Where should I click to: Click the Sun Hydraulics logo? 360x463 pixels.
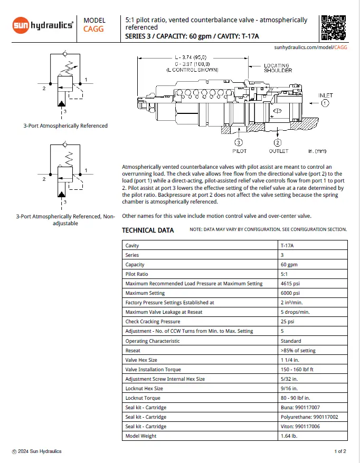coord(43,25)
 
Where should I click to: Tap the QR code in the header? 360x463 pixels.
coord(333,27)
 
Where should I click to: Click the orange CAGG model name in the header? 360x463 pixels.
coord(93,29)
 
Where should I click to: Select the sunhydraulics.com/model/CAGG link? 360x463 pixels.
coord(310,47)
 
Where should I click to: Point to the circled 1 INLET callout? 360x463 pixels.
coord(325,103)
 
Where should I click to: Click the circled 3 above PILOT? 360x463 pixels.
coord(239,142)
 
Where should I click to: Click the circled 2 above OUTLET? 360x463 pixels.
coord(278,142)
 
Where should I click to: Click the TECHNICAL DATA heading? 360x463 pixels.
coord(148,230)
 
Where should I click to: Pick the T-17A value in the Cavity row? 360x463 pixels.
coord(288,245)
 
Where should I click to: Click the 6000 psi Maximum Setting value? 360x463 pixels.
coord(290,293)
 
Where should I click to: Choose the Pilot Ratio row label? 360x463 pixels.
coord(137,274)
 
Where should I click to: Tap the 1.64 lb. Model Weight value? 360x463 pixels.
coord(289,436)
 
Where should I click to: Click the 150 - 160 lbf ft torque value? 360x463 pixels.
coord(299,369)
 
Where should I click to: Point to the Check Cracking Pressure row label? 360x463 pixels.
coord(153,321)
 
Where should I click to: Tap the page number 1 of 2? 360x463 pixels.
coord(340,451)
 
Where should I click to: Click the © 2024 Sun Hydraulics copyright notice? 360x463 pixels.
coord(37,451)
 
